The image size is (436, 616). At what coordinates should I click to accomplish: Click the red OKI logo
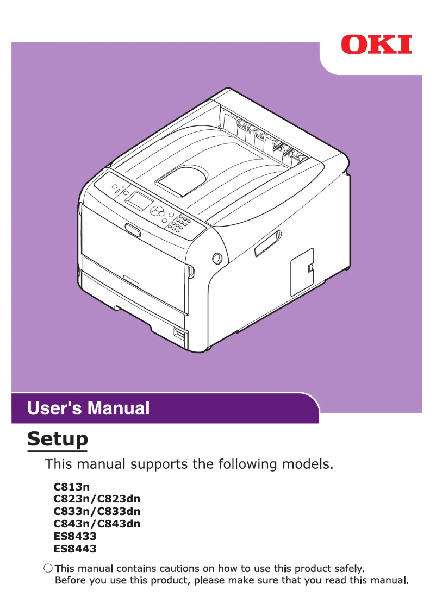(x=377, y=45)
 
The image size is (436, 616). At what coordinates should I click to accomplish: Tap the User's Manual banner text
(x=88, y=408)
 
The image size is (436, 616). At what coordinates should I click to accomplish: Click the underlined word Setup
(x=58, y=438)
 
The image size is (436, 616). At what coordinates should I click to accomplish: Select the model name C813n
(x=72, y=487)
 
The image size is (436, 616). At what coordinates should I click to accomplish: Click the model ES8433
(x=75, y=537)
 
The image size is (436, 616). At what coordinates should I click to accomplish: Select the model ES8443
(x=75, y=549)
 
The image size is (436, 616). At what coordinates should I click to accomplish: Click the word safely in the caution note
(x=346, y=569)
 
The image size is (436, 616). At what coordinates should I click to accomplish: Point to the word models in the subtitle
(x=306, y=464)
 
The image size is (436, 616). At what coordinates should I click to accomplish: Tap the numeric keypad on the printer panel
(x=179, y=222)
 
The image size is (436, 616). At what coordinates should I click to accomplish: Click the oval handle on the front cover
(x=132, y=230)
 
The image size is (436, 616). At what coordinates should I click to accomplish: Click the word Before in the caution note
(x=70, y=581)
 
